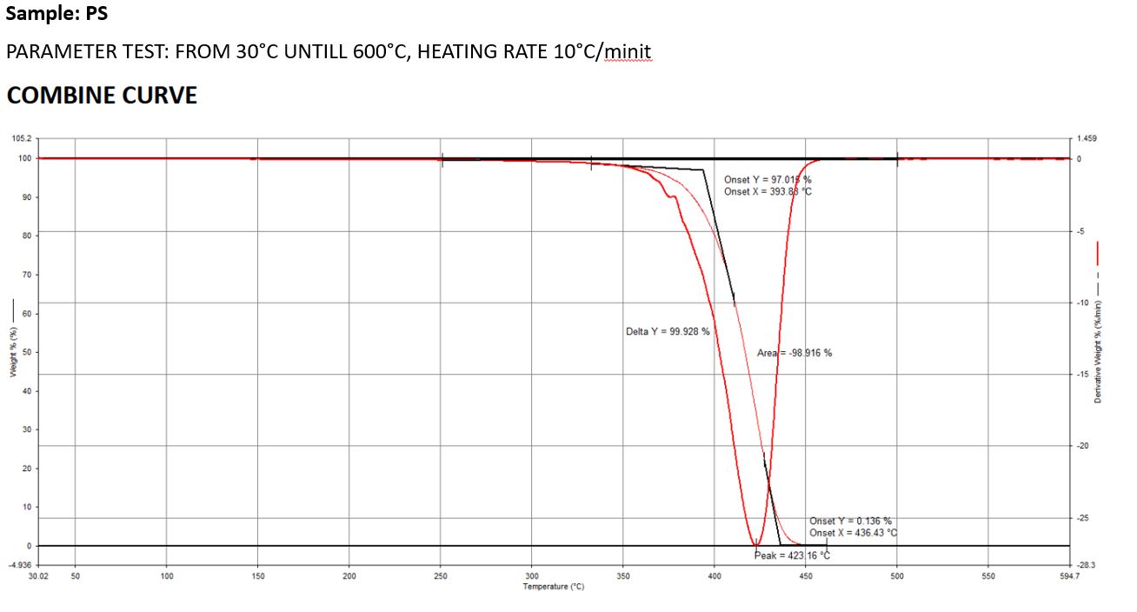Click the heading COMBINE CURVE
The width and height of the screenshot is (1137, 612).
coord(102,96)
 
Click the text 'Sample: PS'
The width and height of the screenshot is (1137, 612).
coord(57,14)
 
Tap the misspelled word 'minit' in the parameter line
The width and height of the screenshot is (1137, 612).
coord(628,52)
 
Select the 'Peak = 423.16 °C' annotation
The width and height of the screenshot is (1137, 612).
coord(792,555)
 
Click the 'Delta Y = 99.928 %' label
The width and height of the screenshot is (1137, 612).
coord(668,331)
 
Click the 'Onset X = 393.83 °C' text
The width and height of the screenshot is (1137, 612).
coord(768,191)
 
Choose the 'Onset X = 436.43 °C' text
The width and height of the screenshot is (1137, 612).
coord(853,533)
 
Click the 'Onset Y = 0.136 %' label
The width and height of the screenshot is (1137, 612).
coord(850,522)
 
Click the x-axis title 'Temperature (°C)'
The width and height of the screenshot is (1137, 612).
coord(553,587)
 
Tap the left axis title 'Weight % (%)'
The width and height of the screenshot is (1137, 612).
coord(13,351)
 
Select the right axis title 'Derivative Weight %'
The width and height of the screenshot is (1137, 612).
coord(1098,351)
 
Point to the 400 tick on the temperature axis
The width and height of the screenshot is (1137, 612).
coord(715,576)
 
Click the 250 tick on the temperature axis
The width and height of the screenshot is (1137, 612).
coord(441,576)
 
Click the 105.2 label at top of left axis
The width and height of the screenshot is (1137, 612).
coord(22,138)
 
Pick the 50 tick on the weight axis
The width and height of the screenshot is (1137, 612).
coord(26,352)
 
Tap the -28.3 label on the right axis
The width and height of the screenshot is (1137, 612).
coord(1085,565)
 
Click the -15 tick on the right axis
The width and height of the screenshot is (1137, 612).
coord(1083,374)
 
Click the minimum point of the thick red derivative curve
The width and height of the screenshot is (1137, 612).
coord(755,544)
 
